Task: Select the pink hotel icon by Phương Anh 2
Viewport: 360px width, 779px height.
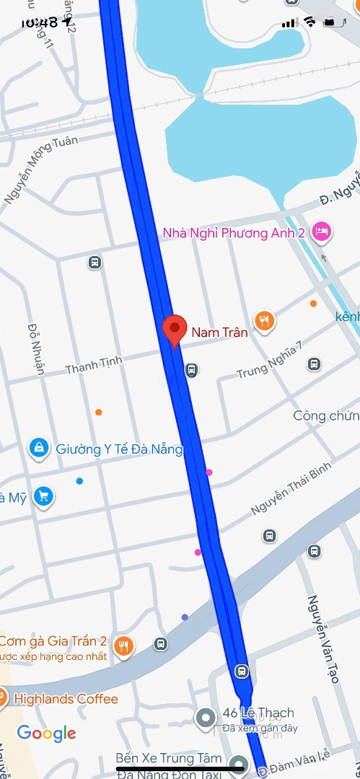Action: [322, 231]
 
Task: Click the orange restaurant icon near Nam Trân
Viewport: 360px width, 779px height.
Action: [265, 321]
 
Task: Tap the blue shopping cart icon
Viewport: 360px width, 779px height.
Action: [44, 496]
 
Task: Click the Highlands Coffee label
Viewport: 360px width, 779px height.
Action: [66, 698]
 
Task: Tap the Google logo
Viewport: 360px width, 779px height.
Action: [46, 734]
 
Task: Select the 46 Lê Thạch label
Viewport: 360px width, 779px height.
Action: [258, 713]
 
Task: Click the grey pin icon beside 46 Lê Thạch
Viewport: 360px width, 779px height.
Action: [206, 718]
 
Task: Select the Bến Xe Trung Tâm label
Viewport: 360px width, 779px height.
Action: [164, 759]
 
